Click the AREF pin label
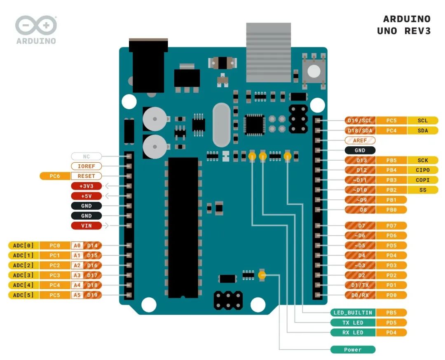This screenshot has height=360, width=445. pos(360,140)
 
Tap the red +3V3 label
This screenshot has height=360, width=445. pos(86,186)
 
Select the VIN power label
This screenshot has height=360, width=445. pos(86,226)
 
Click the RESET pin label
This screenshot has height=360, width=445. pos(86,176)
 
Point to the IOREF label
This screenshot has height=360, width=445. pos(86,166)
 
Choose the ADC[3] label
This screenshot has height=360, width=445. pos(23,275)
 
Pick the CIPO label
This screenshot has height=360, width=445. pos(423,170)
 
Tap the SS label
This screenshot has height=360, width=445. pos(423,190)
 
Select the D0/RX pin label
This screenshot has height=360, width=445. pos(360,295)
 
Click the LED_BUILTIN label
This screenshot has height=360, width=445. pos(353,313)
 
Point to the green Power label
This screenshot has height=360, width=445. pos(353,350)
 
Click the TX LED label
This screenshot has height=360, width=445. pos(353,323)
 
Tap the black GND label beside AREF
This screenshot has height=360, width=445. pos(360,150)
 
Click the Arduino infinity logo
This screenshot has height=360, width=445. pos(36,25)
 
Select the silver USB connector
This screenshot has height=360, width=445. pos(269,52)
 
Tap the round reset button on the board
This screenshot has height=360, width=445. pos(314,72)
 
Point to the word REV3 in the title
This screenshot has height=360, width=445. pos(417,31)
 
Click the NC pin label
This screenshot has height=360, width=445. pos(86,156)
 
